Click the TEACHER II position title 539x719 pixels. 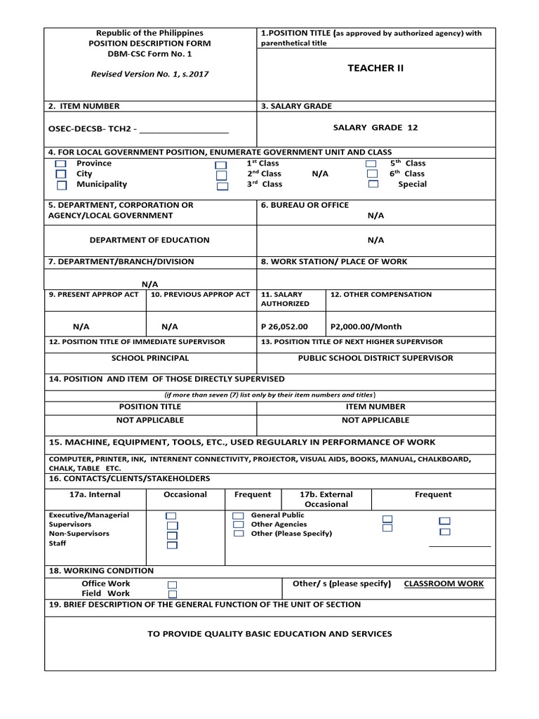pos(375,68)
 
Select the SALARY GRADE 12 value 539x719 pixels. pos(375,127)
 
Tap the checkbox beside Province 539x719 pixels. pos(61,164)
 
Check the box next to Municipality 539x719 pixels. pos(61,185)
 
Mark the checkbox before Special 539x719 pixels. pos(373,184)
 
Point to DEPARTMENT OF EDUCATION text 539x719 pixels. pos(149,240)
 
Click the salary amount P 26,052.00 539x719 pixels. pos(284,326)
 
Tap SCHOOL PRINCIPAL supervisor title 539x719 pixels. pos(150,358)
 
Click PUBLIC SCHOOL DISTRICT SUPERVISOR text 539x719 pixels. pos(375,358)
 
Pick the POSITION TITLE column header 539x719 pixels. pos(150,407)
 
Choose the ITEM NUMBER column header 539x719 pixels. pos(375,407)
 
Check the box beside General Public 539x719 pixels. pos(239,515)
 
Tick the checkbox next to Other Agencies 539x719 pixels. pos(239,525)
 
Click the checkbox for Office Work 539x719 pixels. pos(172,585)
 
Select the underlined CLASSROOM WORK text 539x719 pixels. pos(444,584)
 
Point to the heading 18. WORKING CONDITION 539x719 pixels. pos(101,571)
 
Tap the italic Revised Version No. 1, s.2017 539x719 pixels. pos(149,74)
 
